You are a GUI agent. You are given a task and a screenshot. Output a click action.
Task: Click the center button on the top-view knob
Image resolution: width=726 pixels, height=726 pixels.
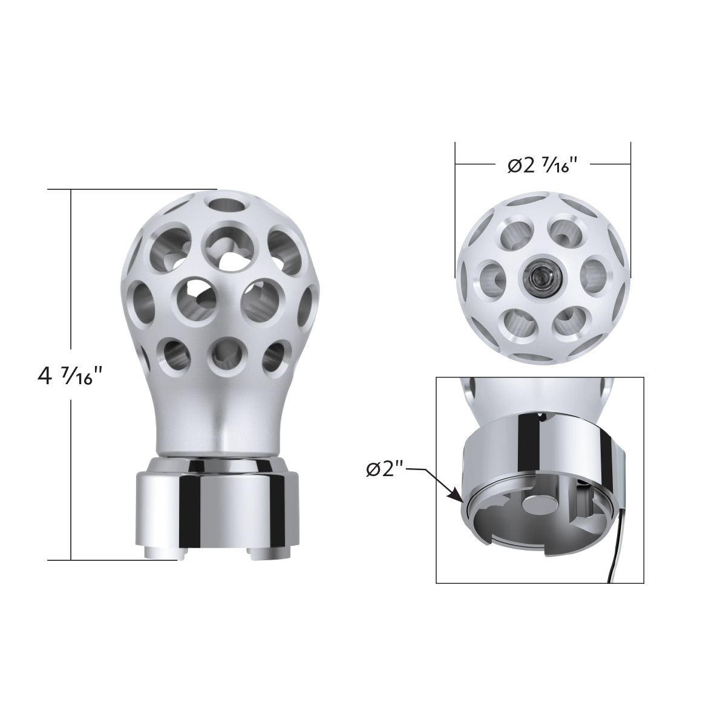click(x=538, y=276)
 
